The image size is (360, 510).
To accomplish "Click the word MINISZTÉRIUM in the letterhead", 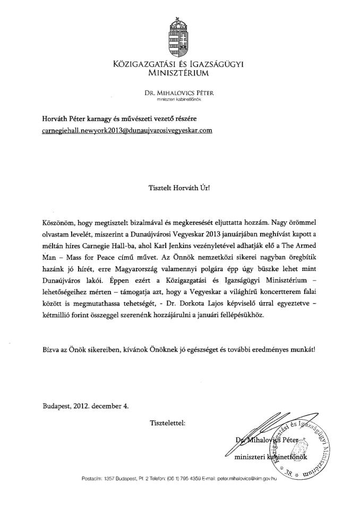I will pos(179,73).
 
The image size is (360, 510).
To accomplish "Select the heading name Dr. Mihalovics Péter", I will pos(179,92).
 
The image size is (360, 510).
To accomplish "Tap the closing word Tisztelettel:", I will pos(168,423).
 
